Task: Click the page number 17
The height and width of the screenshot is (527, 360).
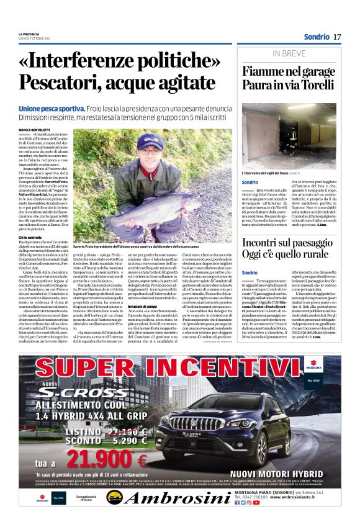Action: pos(337,37)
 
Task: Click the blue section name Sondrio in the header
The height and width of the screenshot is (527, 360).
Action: pos(317,37)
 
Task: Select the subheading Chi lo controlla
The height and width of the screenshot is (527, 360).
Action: pos(29,238)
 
